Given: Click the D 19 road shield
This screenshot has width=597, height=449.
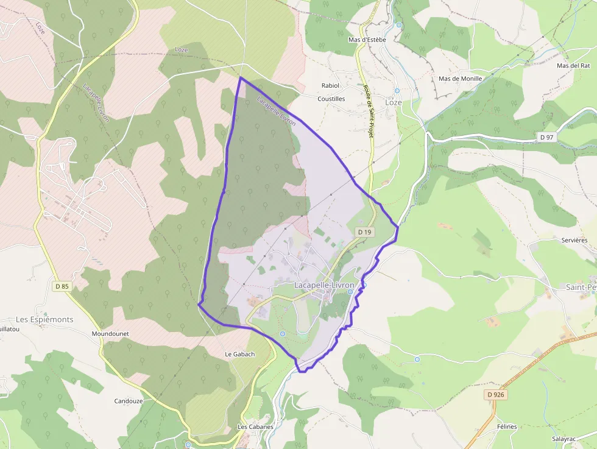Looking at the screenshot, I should click(364, 232).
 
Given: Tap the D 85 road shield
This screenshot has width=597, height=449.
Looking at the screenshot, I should click(62, 286).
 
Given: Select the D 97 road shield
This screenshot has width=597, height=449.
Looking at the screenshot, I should click(546, 138).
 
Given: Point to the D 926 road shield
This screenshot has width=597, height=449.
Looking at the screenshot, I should click(496, 395).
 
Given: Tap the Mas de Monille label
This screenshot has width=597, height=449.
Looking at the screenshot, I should click(460, 79).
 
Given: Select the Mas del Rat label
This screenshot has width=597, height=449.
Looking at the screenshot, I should click(573, 66).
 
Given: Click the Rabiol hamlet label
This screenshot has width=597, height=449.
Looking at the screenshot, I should click(330, 86).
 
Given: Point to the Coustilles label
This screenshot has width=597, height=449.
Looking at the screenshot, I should click(331, 99).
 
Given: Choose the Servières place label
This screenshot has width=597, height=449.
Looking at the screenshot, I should click(574, 241).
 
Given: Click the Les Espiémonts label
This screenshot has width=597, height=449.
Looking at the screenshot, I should click(44, 320).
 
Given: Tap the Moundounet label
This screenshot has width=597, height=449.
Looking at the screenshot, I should click(108, 334).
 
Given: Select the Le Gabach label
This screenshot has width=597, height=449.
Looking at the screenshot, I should click(239, 354).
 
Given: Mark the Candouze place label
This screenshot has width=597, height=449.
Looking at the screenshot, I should click(129, 401).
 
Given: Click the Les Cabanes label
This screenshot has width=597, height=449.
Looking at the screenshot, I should click(255, 427).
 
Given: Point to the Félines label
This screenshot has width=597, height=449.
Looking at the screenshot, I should click(507, 427).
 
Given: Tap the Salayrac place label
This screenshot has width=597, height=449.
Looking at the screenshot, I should click(563, 439).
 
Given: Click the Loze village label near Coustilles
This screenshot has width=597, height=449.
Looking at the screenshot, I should click(394, 102).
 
